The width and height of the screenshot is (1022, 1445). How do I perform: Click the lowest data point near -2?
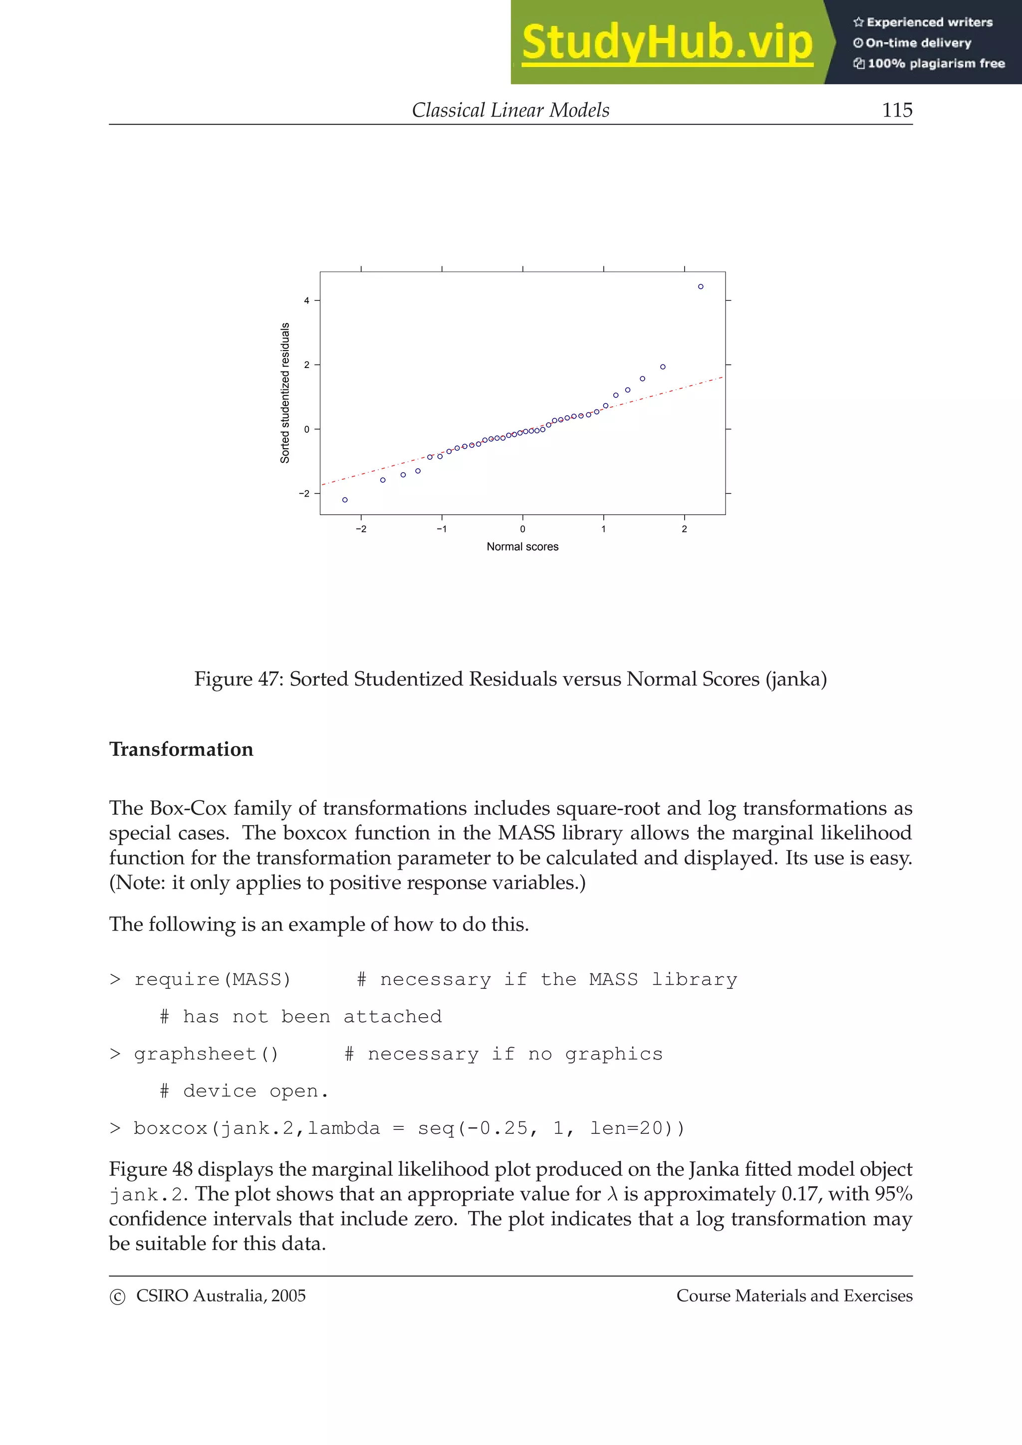click(344, 500)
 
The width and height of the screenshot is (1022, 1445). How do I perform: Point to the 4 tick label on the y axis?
click(307, 301)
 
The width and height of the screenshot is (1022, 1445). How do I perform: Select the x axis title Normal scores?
click(522, 547)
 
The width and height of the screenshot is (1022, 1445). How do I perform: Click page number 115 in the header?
click(897, 110)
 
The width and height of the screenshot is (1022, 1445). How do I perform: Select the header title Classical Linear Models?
click(510, 110)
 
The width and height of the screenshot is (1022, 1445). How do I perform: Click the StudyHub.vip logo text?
click(667, 43)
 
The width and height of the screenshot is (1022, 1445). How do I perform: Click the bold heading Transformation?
click(181, 749)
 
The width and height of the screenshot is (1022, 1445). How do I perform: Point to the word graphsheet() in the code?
click(206, 1054)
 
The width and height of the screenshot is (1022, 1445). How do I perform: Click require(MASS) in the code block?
click(212, 979)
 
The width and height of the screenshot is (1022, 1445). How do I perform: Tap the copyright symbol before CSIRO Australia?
click(117, 1297)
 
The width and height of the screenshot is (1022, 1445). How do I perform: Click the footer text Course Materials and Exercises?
click(794, 1296)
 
